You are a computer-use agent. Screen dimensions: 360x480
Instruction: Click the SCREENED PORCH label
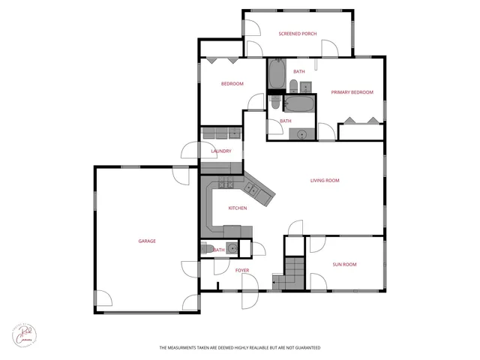[x=298, y=34]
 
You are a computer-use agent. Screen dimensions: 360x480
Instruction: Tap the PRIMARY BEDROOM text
[x=352, y=92]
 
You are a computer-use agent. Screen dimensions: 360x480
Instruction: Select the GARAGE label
[x=147, y=241]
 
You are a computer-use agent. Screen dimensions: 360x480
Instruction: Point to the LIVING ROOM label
[x=325, y=180]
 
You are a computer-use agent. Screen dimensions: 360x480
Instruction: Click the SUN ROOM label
[x=344, y=264]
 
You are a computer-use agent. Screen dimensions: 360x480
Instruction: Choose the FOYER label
[x=242, y=270]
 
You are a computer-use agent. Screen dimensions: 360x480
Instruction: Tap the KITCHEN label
[x=238, y=208]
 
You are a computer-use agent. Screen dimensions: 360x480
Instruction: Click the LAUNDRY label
[x=221, y=151]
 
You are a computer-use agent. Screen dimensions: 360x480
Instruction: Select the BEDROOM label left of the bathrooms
[x=232, y=84]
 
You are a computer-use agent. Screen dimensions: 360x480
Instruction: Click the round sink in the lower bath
[x=302, y=134]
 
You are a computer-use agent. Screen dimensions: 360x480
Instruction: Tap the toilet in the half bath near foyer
[x=205, y=249]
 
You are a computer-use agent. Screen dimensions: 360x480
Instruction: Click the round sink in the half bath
[x=232, y=248]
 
